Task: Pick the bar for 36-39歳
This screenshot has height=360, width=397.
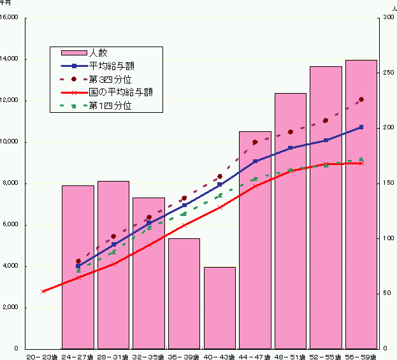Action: click(x=184, y=293)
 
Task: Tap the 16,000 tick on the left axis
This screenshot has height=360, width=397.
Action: click(x=11, y=18)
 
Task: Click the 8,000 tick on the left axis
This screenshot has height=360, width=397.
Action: click(x=13, y=184)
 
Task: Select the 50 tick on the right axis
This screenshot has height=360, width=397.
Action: click(x=386, y=294)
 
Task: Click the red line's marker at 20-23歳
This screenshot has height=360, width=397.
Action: click(x=43, y=291)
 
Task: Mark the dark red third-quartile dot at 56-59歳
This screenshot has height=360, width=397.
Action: click(x=361, y=99)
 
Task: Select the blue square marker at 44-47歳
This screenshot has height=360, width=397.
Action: click(x=255, y=161)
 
